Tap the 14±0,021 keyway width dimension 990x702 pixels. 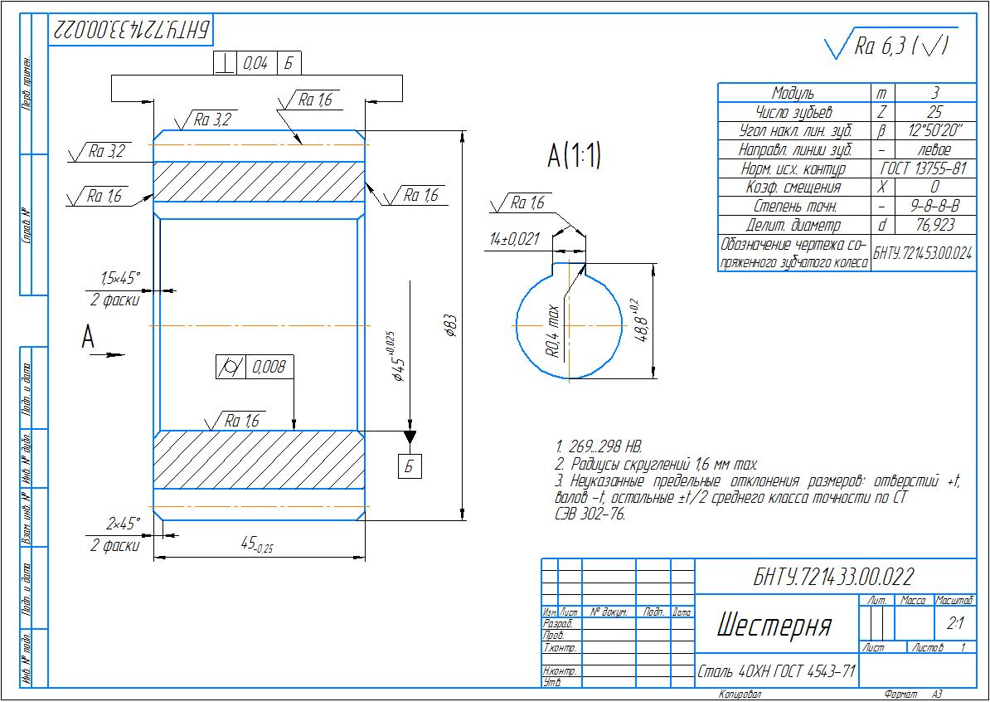(514, 239)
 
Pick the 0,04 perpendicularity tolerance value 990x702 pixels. (255, 63)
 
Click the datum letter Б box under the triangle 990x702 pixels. (410, 466)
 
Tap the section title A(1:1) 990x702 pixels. (573, 157)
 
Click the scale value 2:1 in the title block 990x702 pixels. (955, 623)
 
